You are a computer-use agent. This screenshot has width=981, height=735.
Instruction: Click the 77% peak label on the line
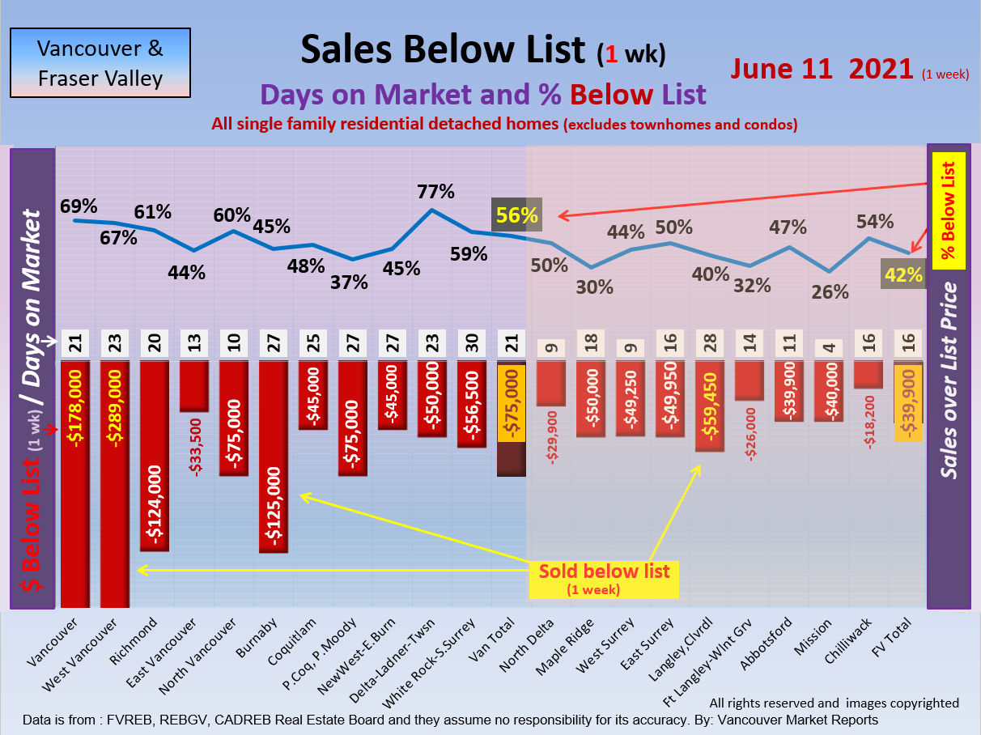435,193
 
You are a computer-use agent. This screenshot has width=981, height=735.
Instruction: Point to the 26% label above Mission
830,291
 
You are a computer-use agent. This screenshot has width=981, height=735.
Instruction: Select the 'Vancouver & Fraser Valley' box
100,63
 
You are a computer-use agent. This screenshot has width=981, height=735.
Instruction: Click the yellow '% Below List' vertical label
948,210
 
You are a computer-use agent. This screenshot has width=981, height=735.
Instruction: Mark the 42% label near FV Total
904,275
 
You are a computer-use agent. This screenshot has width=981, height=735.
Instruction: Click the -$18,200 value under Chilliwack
870,420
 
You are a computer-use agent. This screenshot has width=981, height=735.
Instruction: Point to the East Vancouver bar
194,386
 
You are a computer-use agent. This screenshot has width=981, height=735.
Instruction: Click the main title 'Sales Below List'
443,50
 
